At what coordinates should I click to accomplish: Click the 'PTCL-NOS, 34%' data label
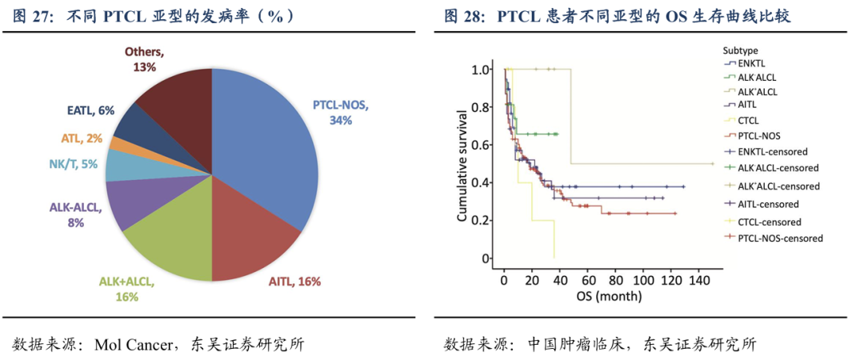(335, 112)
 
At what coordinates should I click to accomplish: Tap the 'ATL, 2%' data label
(82, 138)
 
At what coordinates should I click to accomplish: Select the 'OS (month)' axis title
(607, 297)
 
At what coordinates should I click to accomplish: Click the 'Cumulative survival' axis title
(462, 165)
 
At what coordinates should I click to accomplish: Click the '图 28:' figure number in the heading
(465, 15)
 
